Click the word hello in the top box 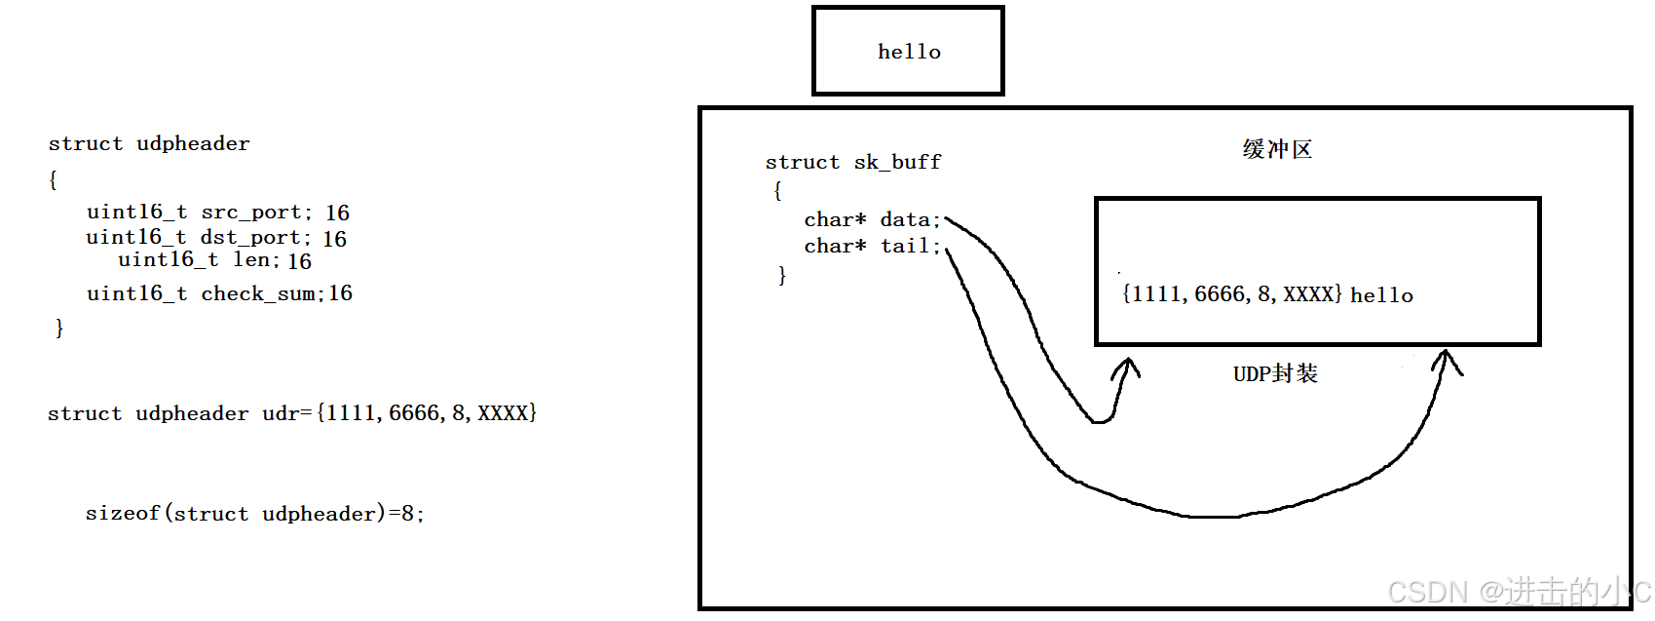[909, 52]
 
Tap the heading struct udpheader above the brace [149, 144]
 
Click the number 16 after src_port [338, 213]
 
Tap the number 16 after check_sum [341, 293]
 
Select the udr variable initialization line [291, 413]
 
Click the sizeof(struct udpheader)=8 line [254, 514]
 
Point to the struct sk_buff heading [853, 162]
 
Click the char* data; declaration [872, 220]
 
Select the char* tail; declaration [872, 247]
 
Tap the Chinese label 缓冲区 [1277, 150]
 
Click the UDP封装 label [1275, 374]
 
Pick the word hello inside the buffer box [1381, 295]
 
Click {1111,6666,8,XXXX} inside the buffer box [1232, 294]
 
